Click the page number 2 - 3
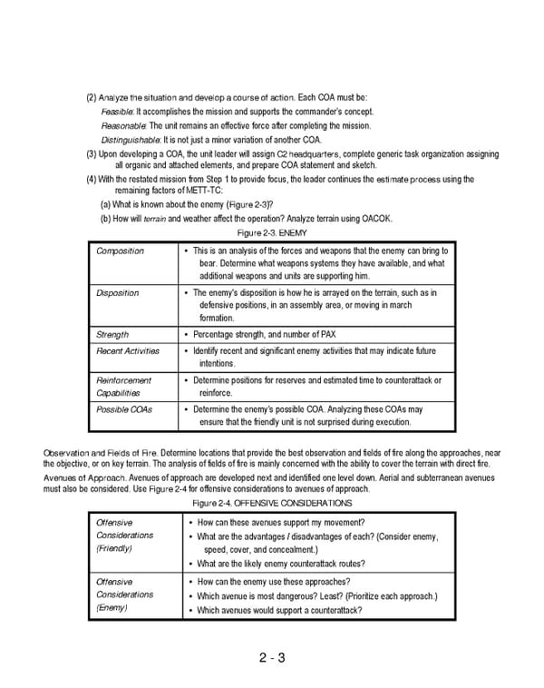coord(272,658)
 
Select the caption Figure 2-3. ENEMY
coord(272,233)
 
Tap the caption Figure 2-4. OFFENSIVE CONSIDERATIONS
coord(272,503)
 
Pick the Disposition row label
coord(118,293)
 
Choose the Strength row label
coord(112,335)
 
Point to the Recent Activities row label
coord(128,350)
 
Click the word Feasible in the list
coord(118,112)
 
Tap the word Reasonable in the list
coord(123,125)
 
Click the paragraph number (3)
coord(92,153)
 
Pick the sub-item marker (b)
coord(106,219)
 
